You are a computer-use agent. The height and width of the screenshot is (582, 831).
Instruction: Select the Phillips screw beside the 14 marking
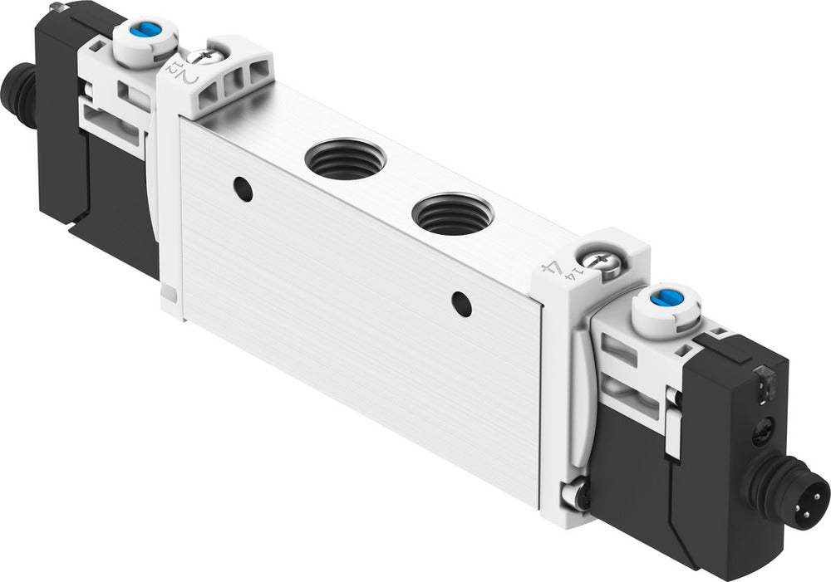pos(597,262)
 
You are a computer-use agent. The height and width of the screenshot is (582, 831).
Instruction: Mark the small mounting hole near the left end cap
pos(243,188)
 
